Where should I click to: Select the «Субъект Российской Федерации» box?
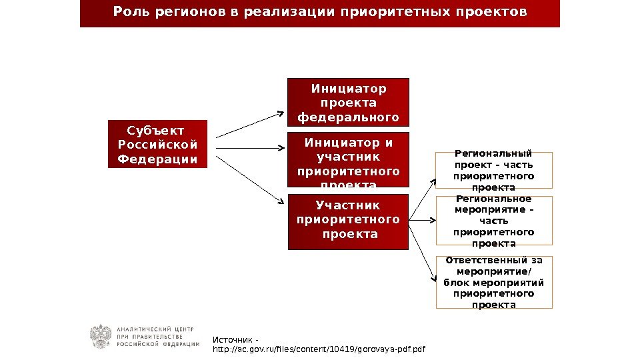[x=157, y=143]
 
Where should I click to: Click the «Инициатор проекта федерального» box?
[x=348, y=103]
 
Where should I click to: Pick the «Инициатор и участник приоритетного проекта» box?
[x=348, y=161]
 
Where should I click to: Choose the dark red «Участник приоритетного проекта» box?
[x=348, y=221]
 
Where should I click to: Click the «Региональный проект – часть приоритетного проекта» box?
[x=493, y=170]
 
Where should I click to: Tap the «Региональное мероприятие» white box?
[x=493, y=220]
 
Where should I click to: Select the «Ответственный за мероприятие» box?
[x=493, y=282]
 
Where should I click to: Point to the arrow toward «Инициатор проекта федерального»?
[x=250, y=125]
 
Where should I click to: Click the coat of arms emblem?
[x=101, y=337]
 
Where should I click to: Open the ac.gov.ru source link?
[x=319, y=349]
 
